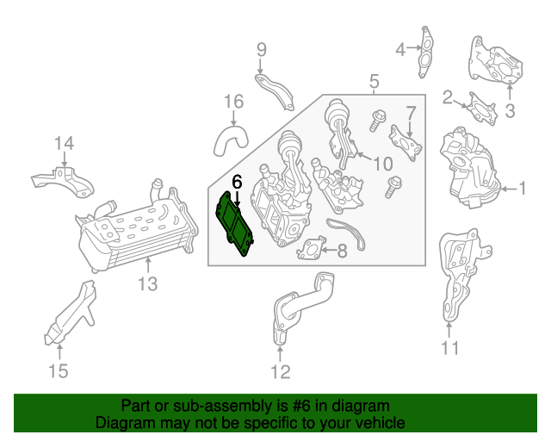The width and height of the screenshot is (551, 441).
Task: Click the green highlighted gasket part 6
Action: click(x=234, y=223)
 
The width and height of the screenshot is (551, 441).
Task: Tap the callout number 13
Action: click(x=147, y=283)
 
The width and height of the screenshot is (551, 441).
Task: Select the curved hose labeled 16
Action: click(x=230, y=140)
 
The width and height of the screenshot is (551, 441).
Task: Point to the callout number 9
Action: click(x=262, y=50)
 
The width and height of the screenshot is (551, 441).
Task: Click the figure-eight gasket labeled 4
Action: click(x=425, y=52)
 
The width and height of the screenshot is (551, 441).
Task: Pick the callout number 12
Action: click(x=281, y=372)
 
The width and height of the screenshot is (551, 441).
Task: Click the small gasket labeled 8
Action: click(x=312, y=248)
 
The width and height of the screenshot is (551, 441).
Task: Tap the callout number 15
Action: click(x=58, y=371)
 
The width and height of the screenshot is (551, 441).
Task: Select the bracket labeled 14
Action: click(x=63, y=181)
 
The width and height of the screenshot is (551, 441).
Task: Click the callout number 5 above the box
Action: click(x=375, y=81)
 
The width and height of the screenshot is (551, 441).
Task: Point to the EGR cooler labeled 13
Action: click(x=137, y=228)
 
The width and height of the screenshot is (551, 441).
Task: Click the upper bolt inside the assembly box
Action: click(x=377, y=121)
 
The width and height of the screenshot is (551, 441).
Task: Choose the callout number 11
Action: click(x=450, y=348)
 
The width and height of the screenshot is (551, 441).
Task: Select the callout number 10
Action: click(x=382, y=164)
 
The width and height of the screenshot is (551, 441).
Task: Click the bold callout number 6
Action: click(x=238, y=182)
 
